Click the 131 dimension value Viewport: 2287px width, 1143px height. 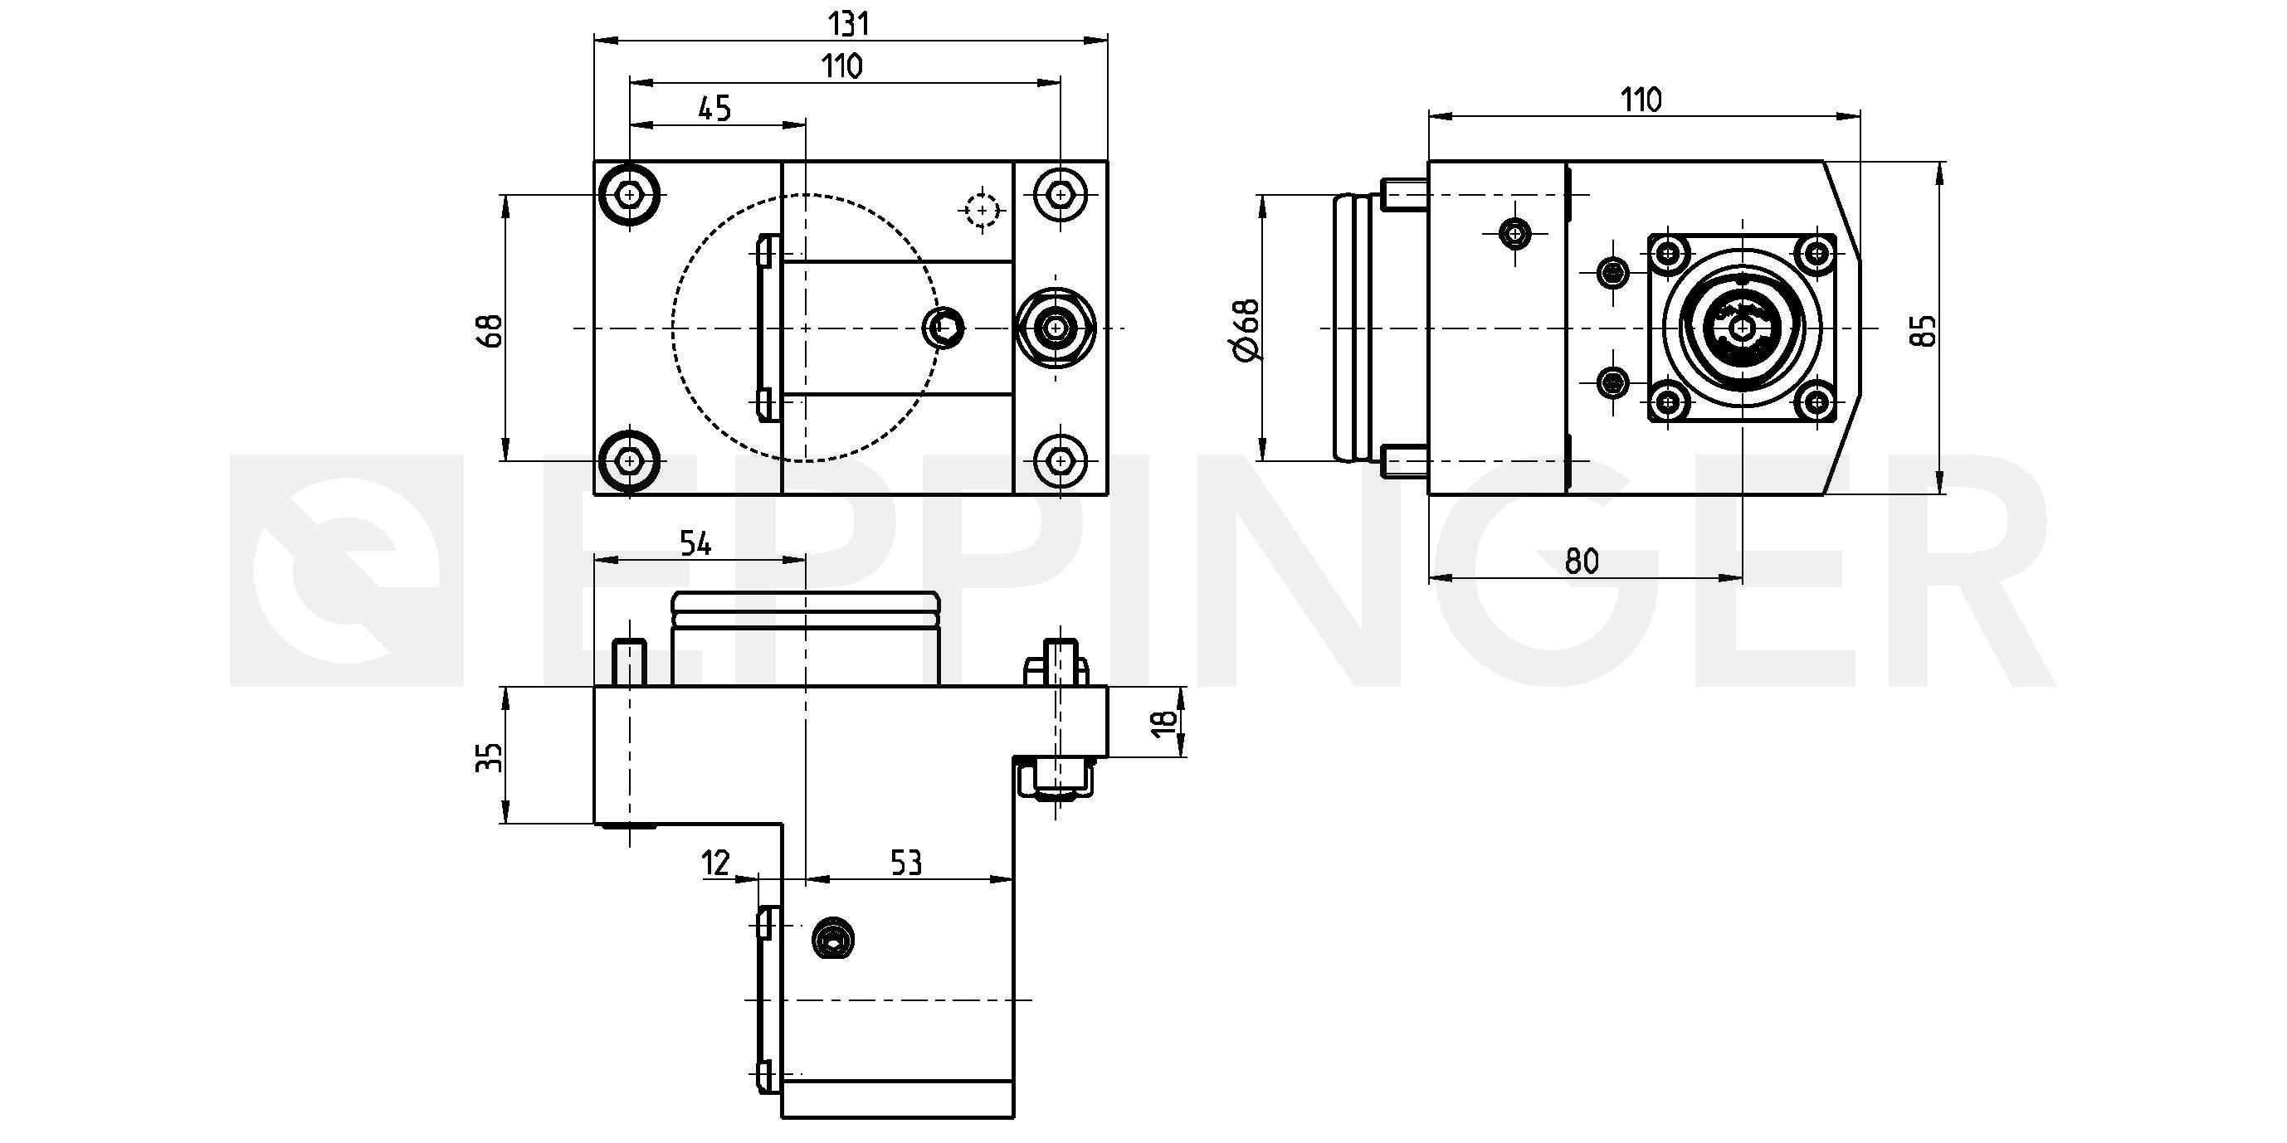(x=850, y=24)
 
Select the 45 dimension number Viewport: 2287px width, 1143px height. (x=714, y=109)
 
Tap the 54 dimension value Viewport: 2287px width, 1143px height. (x=695, y=543)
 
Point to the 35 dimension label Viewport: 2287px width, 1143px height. (x=490, y=757)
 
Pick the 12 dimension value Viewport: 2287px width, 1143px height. (x=715, y=862)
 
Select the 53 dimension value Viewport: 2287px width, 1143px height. (x=905, y=863)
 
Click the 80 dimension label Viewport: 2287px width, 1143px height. (x=1581, y=561)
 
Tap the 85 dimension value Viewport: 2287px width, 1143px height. (x=1926, y=330)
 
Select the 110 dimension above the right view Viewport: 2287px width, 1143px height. (x=1641, y=100)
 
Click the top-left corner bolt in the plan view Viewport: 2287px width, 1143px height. (x=630, y=193)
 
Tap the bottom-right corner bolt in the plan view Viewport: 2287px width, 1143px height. (x=1060, y=460)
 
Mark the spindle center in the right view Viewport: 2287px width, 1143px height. (x=1743, y=329)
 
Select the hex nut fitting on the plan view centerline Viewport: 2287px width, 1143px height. (x=1055, y=328)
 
